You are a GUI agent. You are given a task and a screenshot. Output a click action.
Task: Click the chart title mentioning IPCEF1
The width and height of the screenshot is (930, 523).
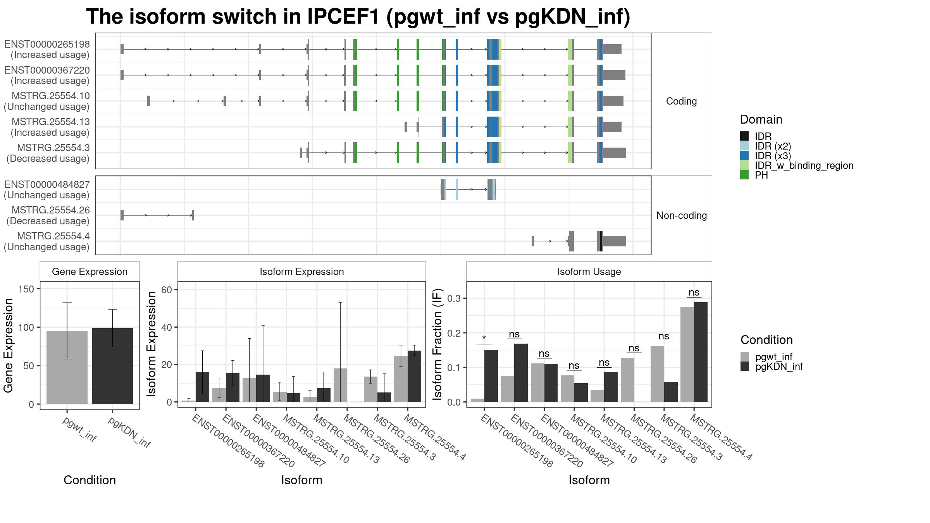coord(358,17)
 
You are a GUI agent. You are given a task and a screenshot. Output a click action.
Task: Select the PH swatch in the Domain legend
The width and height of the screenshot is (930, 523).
coord(744,175)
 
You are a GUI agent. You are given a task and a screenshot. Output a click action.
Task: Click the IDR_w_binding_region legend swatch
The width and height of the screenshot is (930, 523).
coord(744,165)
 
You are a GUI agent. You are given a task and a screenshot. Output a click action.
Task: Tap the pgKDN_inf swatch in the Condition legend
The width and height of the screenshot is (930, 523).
coord(744,366)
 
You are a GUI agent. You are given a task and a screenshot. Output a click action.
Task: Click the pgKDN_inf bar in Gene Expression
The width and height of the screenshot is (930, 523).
coord(112,366)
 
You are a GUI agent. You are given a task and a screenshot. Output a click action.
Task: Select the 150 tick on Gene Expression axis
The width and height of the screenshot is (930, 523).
coord(26,289)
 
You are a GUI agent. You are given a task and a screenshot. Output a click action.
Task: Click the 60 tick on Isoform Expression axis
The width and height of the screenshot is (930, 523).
coord(167,290)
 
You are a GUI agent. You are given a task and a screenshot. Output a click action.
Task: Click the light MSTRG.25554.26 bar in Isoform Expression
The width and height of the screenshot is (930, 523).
coord(340,385)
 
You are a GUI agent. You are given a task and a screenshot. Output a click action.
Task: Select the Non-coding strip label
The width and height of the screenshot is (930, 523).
coord(681,215)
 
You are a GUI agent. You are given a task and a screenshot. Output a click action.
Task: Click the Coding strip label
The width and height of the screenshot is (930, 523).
coord(681,101)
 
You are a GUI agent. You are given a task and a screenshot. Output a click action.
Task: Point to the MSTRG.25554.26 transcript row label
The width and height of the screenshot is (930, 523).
coord(48,215)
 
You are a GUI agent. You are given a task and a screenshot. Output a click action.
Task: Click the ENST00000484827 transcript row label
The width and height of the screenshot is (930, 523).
coord(47,189)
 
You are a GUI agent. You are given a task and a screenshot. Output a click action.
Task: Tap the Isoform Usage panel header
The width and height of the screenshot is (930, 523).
coord(589,272)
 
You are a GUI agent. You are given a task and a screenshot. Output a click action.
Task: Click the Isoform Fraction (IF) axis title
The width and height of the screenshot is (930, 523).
coord(437,344)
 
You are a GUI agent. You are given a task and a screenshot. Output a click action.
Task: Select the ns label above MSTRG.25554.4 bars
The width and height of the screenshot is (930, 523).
coord(694,292)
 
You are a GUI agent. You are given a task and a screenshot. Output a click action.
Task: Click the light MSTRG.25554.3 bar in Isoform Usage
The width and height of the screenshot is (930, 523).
coord(657,374)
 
